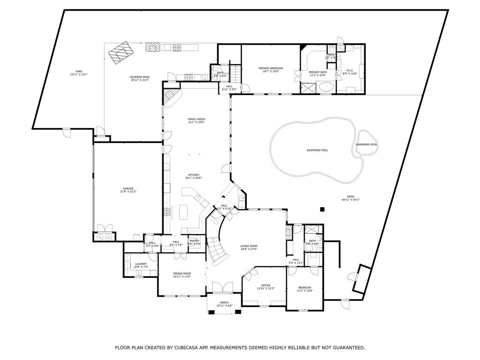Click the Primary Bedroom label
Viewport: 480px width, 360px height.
(x=270, y=68)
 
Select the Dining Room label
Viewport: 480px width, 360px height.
(x=181, y=273)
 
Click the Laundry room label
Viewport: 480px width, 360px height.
(x=141, y=264)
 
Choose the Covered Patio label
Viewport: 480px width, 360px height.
(x=139, y=77)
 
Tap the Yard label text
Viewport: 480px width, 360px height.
(x=78, y=71)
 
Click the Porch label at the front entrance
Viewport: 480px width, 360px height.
(x=224, y=303)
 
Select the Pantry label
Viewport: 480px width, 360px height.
(x=195, y=241)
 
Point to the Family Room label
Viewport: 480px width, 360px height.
(x=196, y=119)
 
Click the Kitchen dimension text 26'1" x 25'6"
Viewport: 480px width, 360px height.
(x=194, y=178)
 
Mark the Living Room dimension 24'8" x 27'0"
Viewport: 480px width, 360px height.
(x=249, y=249)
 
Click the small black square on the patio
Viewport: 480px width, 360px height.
(x=322, y=209)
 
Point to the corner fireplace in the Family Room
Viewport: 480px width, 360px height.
(x=171, y=97)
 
